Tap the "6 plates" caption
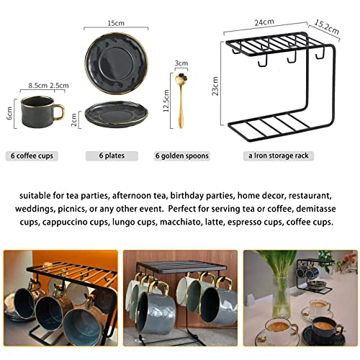pos(112,156)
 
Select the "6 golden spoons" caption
pos(182,156)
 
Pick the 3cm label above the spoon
pos(181,63)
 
